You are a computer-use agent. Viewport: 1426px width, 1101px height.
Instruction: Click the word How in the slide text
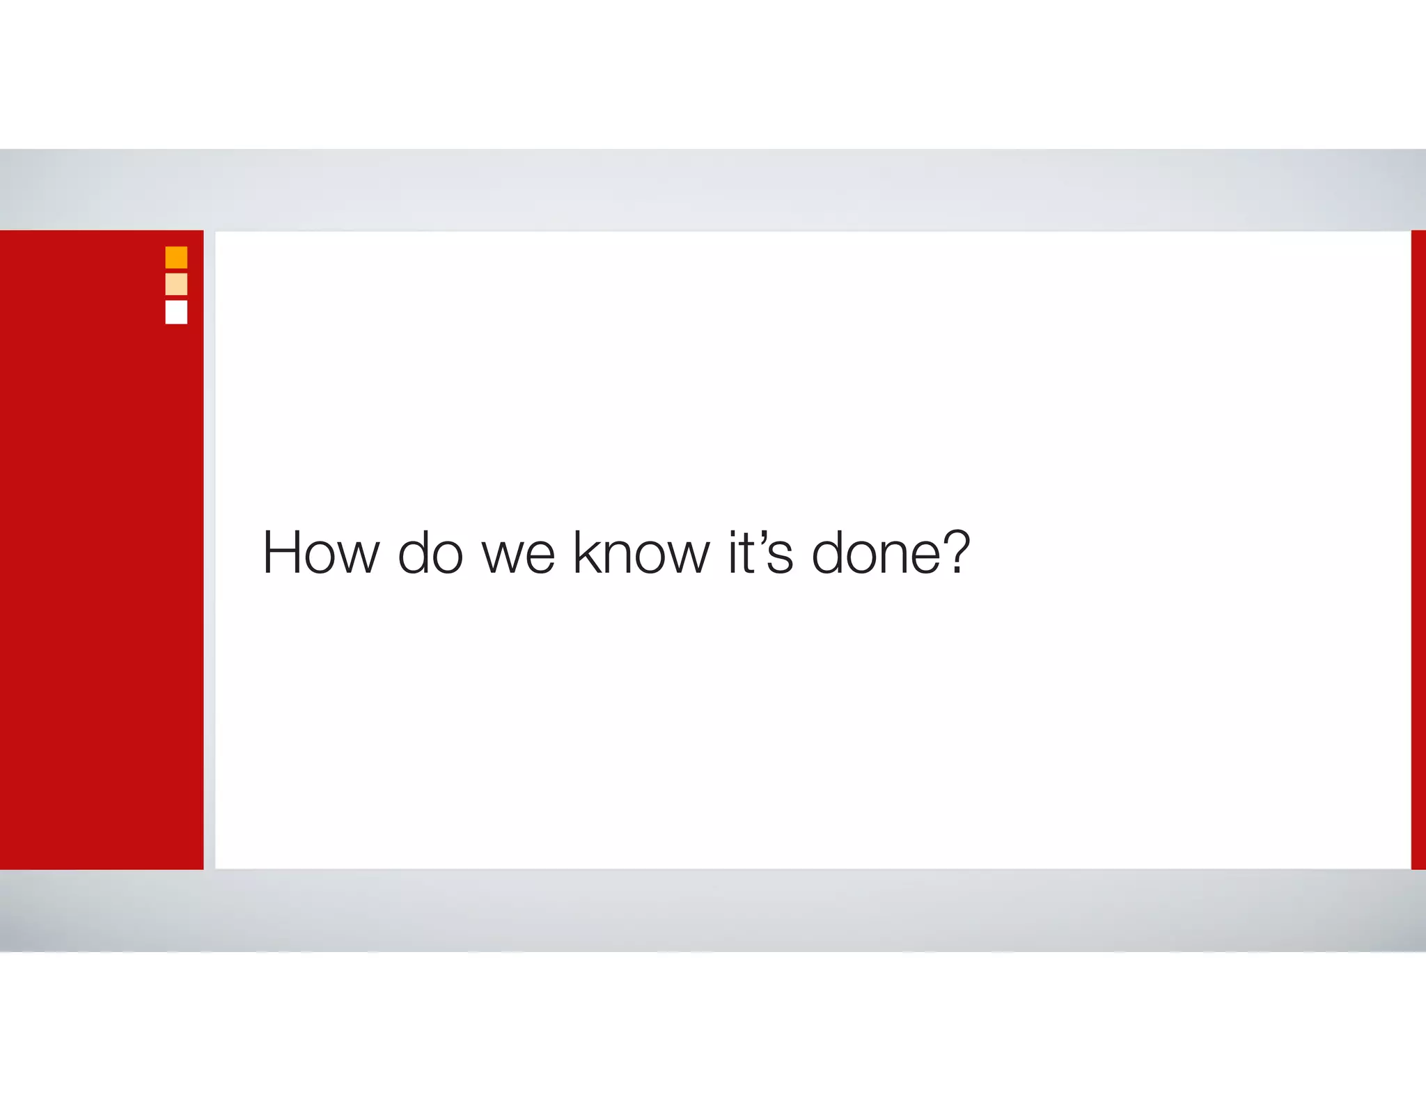point(320,553)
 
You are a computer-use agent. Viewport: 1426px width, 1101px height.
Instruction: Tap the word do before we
point(430,553)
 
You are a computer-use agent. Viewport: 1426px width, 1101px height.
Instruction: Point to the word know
point(641,553)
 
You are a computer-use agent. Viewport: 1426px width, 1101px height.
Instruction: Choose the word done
point(877,553)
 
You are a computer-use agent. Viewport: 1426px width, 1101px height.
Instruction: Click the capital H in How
point(283,553)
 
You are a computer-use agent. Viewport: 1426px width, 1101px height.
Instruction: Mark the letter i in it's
point(732,553)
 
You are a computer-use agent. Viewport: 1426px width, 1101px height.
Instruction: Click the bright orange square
point(176,258)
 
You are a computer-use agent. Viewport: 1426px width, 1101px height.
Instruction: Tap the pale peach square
point(176,284)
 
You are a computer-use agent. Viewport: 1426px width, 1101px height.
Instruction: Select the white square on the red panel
point(176,312)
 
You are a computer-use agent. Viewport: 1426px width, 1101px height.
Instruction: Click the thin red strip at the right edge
point(1418,550)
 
